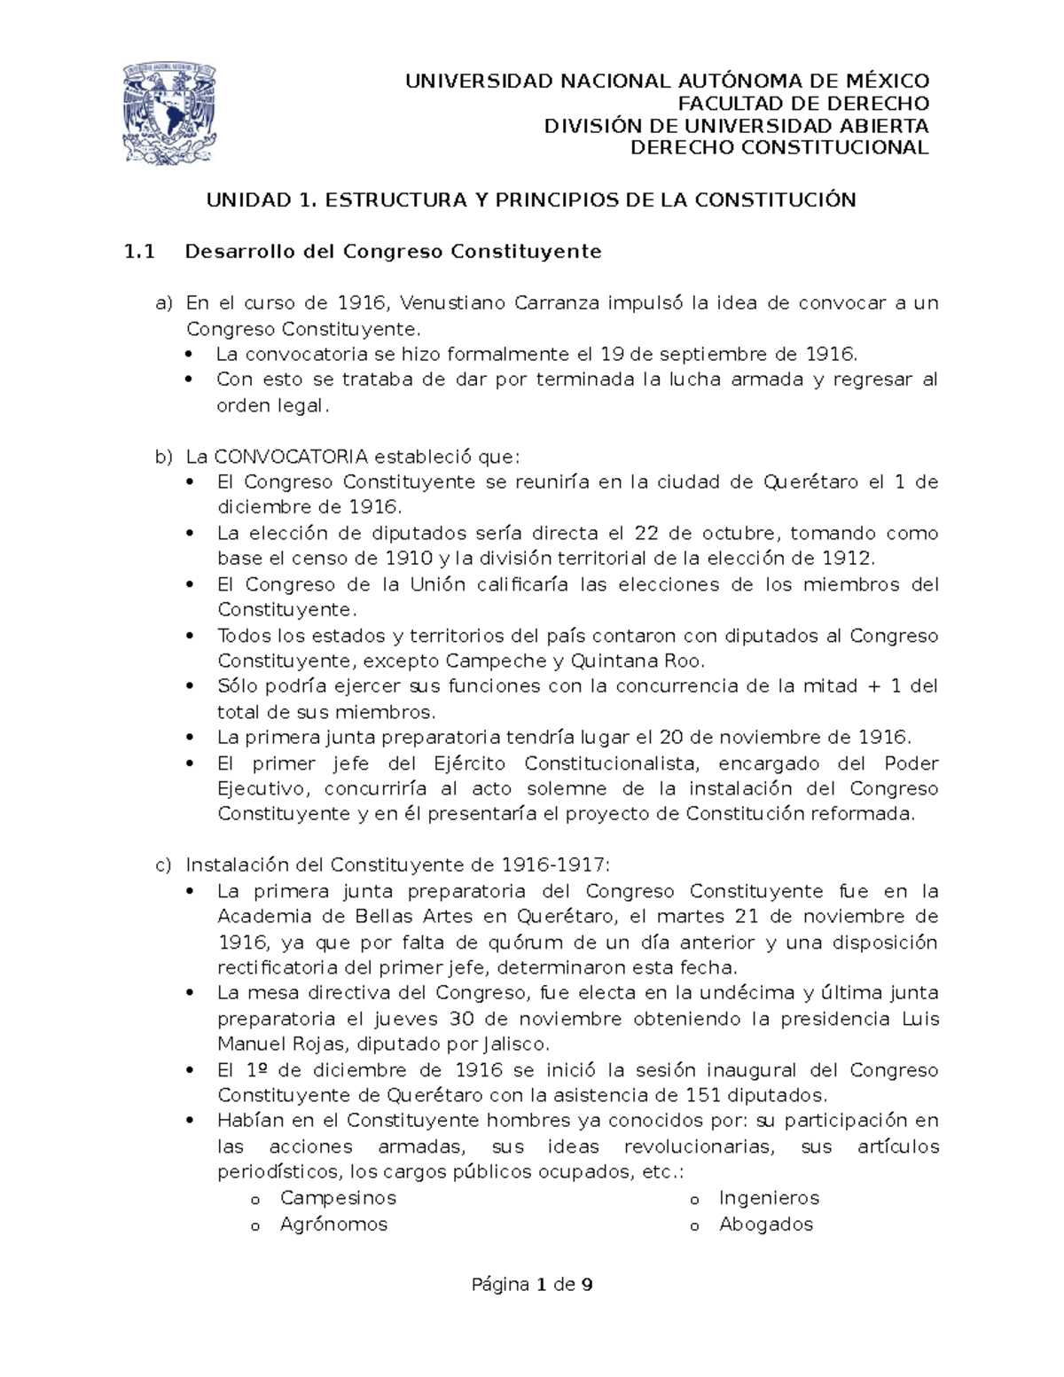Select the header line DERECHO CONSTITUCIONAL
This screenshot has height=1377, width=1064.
tap(779, 147)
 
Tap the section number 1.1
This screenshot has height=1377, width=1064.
tap(139, 252)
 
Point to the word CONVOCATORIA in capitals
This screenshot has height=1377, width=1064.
tap(292, 458)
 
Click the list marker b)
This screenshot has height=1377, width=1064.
tap(164, 458)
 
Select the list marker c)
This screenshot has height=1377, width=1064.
tap(164, 865)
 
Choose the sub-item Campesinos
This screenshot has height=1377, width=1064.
tap(338, 1199)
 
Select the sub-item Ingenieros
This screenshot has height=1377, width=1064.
tap(769, 1199)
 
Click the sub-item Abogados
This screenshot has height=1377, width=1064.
tap(766, 1224)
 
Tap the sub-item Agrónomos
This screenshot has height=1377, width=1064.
tap(333, 1224)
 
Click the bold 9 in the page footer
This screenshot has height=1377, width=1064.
tap(586, 1285)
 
